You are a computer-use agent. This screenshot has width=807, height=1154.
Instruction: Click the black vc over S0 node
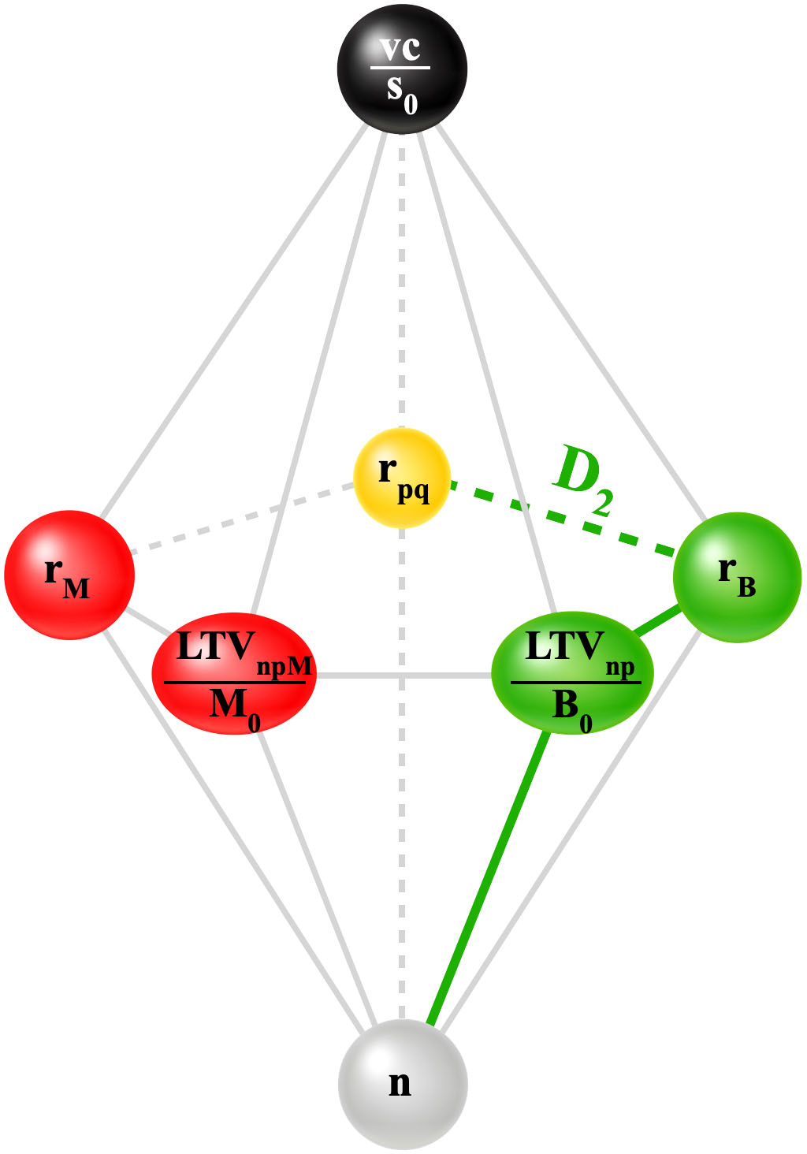tap(402, 69)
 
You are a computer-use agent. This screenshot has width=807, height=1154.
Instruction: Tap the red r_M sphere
tap(69, 575)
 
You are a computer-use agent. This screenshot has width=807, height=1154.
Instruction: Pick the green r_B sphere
tap(737, 578)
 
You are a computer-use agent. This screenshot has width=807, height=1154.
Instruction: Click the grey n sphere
tap(403, 1084)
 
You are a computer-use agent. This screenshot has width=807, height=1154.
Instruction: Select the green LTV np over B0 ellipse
tap(572, 672)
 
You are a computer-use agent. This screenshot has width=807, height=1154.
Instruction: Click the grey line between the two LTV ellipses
tap(403, 676)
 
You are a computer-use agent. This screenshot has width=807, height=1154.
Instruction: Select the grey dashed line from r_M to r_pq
tap(240, 519)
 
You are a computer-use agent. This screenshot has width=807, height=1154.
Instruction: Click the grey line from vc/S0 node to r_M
tap(232, 319)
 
